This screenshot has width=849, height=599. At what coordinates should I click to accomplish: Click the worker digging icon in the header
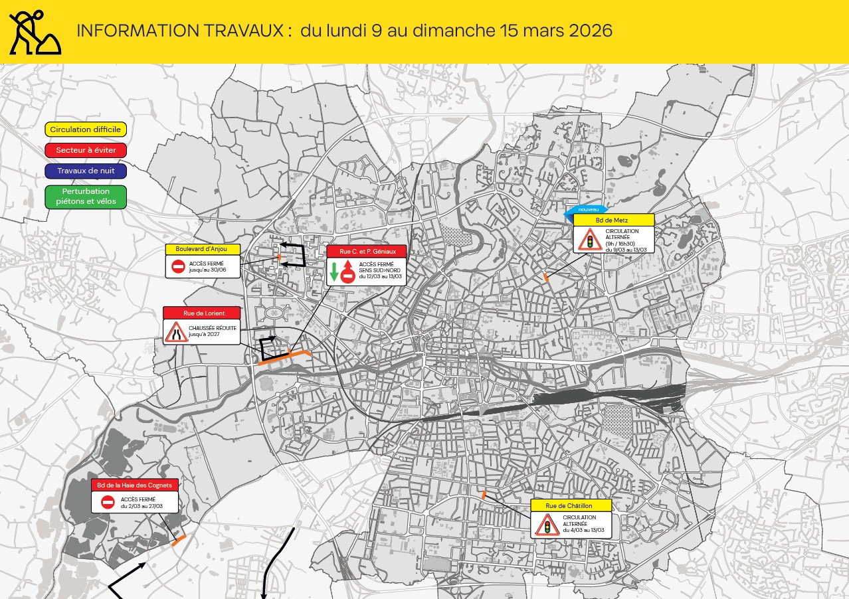(35, 32)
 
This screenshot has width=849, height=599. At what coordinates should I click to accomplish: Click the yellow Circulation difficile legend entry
(86, 130)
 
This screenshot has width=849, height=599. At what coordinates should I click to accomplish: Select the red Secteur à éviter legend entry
(86, 150)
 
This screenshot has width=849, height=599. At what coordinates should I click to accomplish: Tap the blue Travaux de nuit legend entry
(86, 171)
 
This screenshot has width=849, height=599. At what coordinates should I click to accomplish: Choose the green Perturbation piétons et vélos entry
(86, 197)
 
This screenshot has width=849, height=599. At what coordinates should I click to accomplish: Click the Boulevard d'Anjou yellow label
(201, 249)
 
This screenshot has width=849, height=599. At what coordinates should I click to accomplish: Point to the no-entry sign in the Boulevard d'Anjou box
(178, 266)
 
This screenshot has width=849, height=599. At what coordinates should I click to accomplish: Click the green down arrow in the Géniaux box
(334, 272)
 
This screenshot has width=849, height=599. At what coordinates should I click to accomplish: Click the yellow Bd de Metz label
(614, 220)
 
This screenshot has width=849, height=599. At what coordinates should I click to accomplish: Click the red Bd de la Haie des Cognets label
(135, 485)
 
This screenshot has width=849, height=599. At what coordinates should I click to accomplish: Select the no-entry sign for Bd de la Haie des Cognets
(108, 502)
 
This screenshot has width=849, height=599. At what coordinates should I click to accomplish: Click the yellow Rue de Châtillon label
(571, 506)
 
